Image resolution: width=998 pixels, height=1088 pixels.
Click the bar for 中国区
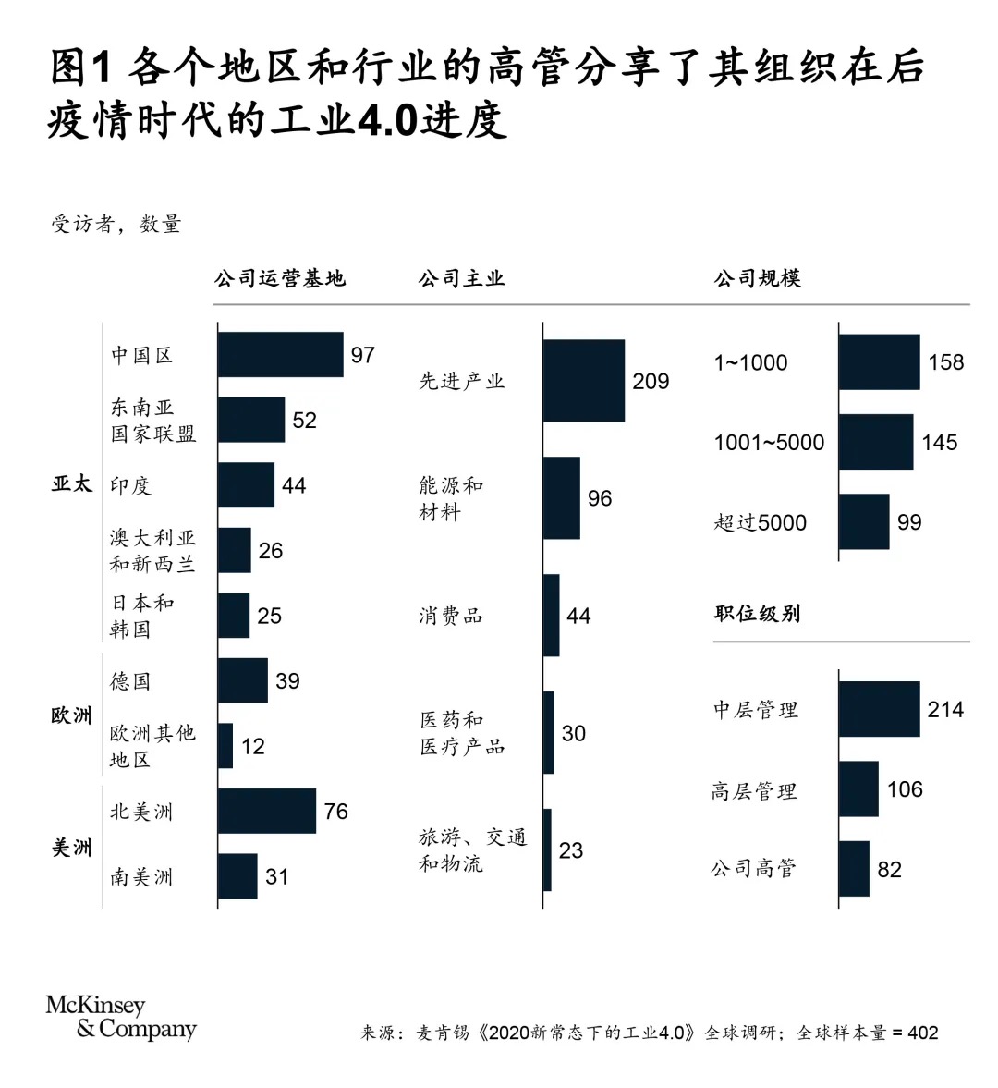pos(280,355)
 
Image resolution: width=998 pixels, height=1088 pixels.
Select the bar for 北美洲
pos(266,811)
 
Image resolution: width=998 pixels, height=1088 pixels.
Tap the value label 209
pos(651,381)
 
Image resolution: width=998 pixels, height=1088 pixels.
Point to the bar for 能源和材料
pos(561,497)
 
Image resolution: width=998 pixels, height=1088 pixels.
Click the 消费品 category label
pos(451,616)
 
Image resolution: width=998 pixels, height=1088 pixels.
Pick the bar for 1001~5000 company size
pos(875,442)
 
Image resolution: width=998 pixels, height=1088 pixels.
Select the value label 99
pos(909,522)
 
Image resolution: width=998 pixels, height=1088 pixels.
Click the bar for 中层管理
pos(879,709)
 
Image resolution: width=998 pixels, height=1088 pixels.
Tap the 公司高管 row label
pos(753,868)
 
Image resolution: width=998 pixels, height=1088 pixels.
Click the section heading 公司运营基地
pos(279,278)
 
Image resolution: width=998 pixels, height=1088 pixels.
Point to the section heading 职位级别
pos(757,613)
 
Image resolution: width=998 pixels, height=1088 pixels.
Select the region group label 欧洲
pos(71,715)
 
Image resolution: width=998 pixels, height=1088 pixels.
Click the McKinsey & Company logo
pos(120,1017)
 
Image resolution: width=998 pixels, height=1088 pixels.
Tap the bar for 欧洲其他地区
pos(225,746)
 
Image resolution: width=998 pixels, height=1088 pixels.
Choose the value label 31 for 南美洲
pos(277,876)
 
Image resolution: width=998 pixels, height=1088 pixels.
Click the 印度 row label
pos(130,485)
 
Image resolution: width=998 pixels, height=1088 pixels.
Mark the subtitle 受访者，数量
pos(116,224)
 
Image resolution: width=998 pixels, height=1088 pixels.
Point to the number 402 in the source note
pos(922,1033)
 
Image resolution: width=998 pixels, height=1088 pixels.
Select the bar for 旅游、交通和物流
pos(547,850)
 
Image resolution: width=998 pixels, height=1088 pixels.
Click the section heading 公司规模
pos(757,278)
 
